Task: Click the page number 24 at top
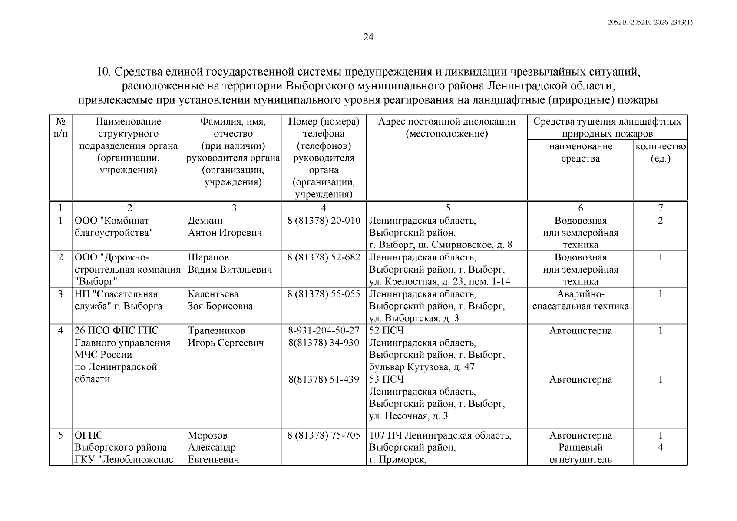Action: click(368, 37)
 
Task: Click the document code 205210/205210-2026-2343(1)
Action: click(650, 23)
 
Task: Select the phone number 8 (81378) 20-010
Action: click(324, 221)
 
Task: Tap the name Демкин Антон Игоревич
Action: click(225, 227)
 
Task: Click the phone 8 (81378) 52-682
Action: click(324, 257)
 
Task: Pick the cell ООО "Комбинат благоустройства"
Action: click(114, 227)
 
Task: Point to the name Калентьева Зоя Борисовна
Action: click(220, 300)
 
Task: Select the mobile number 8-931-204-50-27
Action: click(324, 331)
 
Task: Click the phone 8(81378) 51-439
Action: click(324, 379)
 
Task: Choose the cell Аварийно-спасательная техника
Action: click(580, 300)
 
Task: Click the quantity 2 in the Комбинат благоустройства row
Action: click(660, 221)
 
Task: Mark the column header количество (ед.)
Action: click(660, 152)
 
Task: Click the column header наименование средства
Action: click(580, 152)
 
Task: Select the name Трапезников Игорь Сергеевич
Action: click(225, 337)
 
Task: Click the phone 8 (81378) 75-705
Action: click(324, 435)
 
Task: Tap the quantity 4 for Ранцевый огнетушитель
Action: click(660, 448)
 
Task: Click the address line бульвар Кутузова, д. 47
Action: click(422, 367)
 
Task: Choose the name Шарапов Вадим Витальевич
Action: click(230, 264)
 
